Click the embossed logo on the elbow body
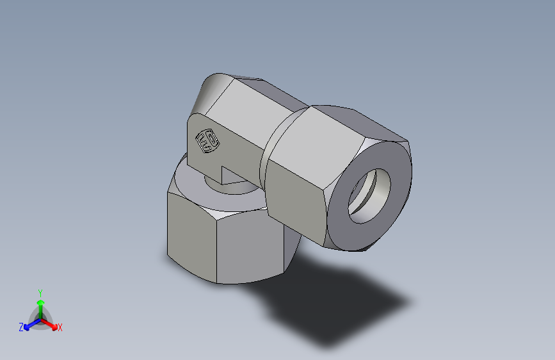point(207,141)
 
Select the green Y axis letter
point(40,292)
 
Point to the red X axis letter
point(60,328)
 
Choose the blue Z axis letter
point(21,327)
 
